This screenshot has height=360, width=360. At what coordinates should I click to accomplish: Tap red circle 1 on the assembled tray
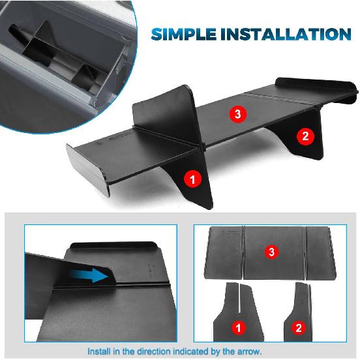[192, 177]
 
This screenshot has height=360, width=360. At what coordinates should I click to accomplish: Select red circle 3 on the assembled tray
[239, 114]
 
